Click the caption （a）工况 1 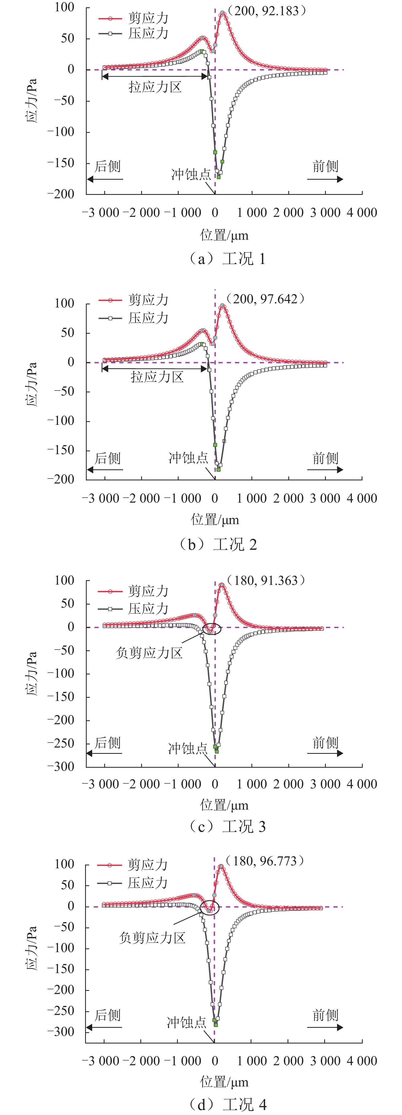(x=226, y=259)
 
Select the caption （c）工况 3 (x=226, y=826)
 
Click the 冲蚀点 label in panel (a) (x=191, y=174)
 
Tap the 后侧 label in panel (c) (x=108, y=743)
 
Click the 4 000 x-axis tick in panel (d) (x=362, y=1061)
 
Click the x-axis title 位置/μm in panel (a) (x=224, y=235)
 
